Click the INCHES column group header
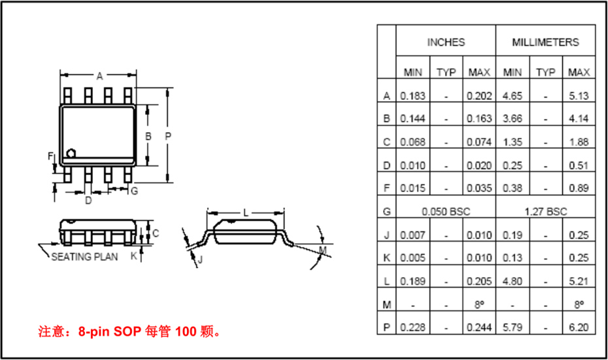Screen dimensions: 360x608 446,42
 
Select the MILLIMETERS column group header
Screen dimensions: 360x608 545,42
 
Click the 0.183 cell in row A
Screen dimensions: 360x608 413,95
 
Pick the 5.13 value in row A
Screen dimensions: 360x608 579,95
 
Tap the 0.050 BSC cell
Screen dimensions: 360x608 446,212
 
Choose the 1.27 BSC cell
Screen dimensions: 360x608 545,212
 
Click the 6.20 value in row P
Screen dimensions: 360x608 579,327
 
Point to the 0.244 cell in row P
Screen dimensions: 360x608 479,327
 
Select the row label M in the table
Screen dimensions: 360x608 386,304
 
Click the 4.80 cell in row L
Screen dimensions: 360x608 513,281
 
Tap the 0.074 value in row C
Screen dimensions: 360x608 479,142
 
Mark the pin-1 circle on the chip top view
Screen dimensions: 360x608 71,154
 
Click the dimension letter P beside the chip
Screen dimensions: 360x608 168,136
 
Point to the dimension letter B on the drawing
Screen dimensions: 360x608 148,136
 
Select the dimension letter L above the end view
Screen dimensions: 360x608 246,212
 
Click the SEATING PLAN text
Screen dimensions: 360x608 85,257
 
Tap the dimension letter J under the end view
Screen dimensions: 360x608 200,260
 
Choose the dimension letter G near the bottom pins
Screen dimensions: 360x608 133,191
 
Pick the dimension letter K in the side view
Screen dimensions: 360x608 133,256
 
